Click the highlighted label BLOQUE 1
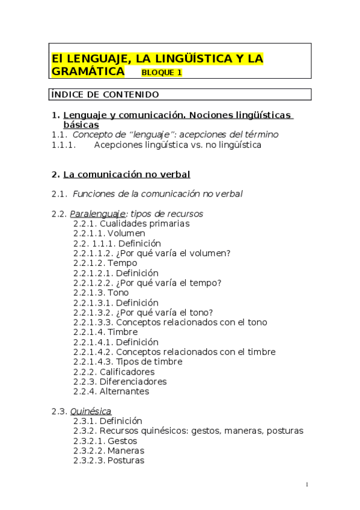click(x=162, y=73)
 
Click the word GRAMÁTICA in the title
click(x=88, y=72)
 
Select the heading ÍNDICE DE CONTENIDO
click(x=105, y=94)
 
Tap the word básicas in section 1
click(x=81, y=124)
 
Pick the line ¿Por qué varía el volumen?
click(x=172, y=253)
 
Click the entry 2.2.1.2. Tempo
click(x=105, y=263)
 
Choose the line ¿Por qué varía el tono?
click(x=164, y=312)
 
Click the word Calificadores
click(x=127, y=372)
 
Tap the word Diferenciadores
click(x=133, y=381)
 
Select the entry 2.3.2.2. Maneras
click(x=109, y=450)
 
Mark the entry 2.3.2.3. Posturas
click(x=109, y=460)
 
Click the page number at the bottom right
click(x=307, y=485)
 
